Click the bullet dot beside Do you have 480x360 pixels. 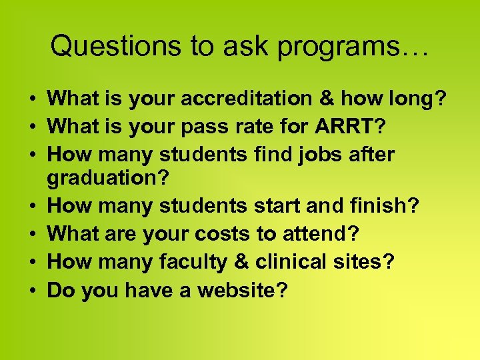click(32, 291)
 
